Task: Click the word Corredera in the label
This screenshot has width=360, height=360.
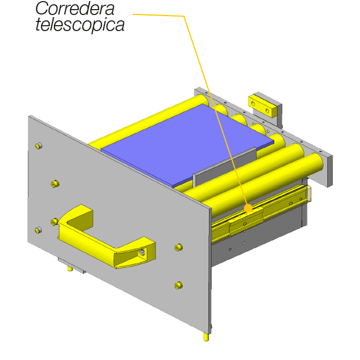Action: click(75, 9)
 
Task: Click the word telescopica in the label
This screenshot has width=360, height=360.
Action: click(80, 24)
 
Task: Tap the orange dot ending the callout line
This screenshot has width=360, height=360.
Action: click(248, 208)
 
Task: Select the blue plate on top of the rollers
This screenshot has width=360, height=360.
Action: click(187, 145)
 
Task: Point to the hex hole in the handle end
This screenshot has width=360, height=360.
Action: click(142, 252)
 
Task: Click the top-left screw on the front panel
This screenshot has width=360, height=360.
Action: click(39, 146)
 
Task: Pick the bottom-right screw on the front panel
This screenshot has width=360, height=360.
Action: click(178, 286)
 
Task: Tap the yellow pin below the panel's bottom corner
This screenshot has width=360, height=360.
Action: click(206, 337)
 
